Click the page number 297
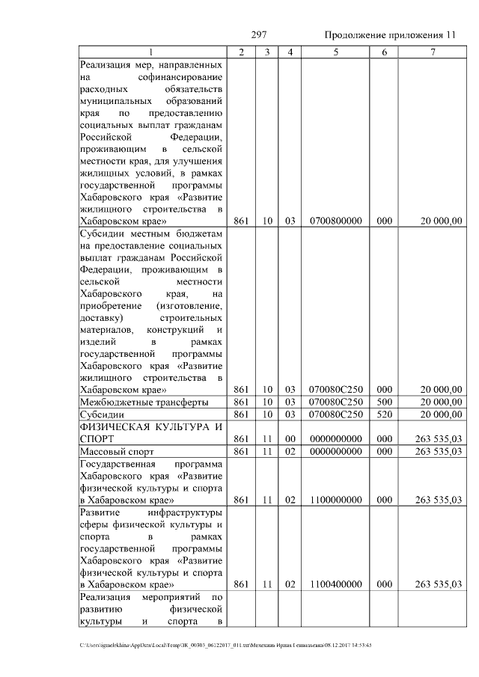click(x=259, y=35)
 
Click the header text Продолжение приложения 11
click(x=390, y=36)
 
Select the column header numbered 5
click(x=335, y=52)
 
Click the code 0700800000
click(x=335, y=221)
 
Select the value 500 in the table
click(x=384, y=402)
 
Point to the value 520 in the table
click(x=384, y=414)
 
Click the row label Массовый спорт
click(x=116, y=451)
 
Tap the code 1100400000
click(x=335, y=584)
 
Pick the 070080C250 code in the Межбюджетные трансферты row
click(x=335, y=402)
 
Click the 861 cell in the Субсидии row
click(x=240, y=414)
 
